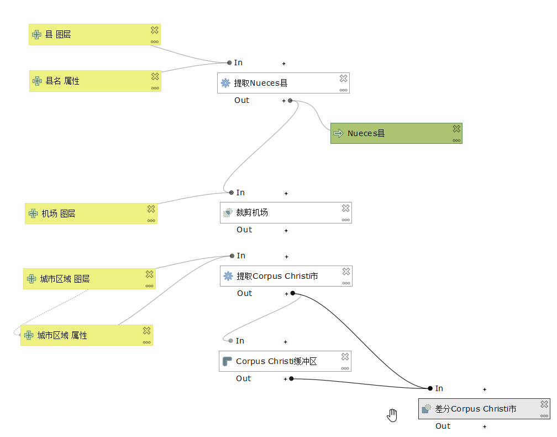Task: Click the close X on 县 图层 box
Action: pyautogui.click(x=155, y=30)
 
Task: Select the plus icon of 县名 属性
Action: pyautogui.click(x=37, y=81)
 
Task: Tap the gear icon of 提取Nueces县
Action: pyautogui.click(x=225, y=83)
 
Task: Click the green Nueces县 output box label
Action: pyautogui.click(x=366, y=133)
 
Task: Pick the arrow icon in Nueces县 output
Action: pyautogui.click(x=339, y=133)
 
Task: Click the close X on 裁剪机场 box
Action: pyautogui.click(x=345, y=208)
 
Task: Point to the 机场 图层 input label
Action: pyautogui.click(x=59, y=214)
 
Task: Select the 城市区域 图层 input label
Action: pyautogui.click(x=65, y=279)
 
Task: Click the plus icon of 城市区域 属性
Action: pyautogui.click(x=29, y=335)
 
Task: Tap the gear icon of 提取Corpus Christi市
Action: pyautogui.click(x=228, y=275)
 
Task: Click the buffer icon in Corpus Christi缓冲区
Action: pyautogui.click(x=227, y=361)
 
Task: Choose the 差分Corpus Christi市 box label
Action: pyautogui.click(x=475, y=409)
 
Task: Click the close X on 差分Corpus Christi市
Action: pyautogui.click(x=544, y=404)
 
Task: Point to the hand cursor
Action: pyautogui.click(x=392, y=415)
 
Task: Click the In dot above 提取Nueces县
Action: pyautogui.click(x=229, y=63)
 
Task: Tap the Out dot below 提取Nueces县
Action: pyautogui.click(x=290, y=101)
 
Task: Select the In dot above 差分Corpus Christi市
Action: pyautogui.click(x=430, y=388)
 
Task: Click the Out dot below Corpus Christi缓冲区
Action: pyautogui.click(x=291, y=379)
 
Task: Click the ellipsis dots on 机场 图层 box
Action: pyautogui.click(x=151, y=220)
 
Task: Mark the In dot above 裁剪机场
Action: pyautogui.click(x=232, y=193)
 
